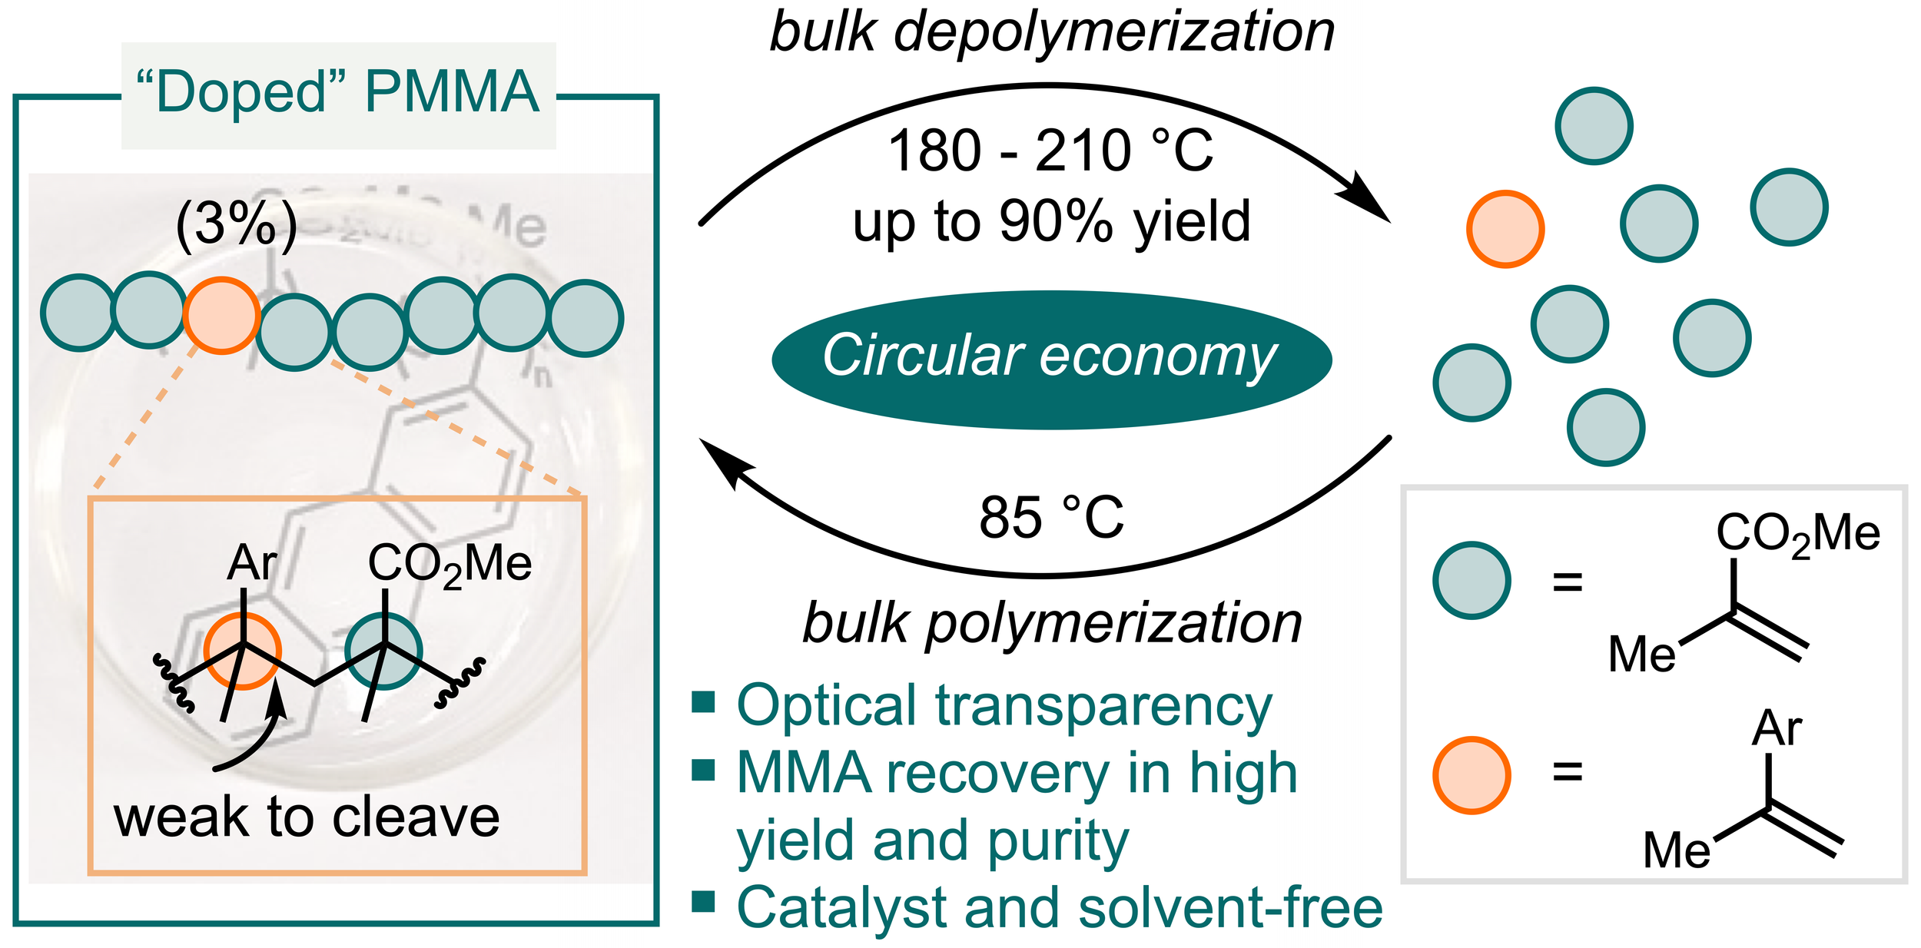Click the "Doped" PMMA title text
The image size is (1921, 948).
[x=338, y=92]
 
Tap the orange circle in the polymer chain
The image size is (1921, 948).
[x=221, y=315]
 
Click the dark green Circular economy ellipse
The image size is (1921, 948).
[x=1051, y=359]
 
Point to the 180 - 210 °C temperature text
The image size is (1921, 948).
[x=1050, y=151]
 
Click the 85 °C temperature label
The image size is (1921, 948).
[x=1051, y=517]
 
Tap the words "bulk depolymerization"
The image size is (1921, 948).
[x=1051, y=32]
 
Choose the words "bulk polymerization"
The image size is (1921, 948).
[x=1051, y=622]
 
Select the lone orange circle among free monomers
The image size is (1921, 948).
[x=1505, y=229]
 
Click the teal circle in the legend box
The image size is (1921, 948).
[x=1471, y=580]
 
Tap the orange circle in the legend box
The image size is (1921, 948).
[x=1471, y=775]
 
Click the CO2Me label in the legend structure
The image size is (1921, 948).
[x=1798, y=534]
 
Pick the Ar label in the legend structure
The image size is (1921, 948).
[x=1777, y=728]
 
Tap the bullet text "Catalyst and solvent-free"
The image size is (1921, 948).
[x=1060, y=907]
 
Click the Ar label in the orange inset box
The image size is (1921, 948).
[x=251, y=563]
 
